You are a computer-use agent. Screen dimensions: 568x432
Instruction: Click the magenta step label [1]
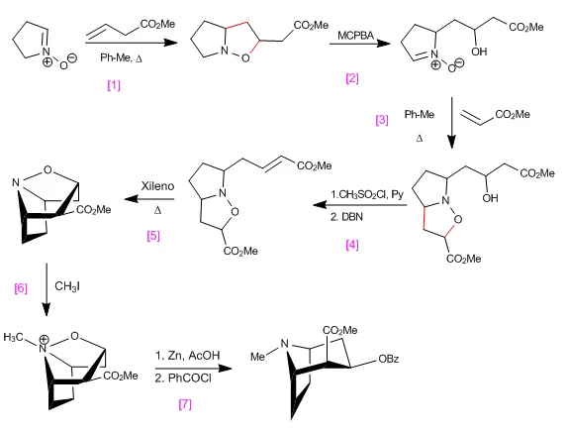(x=114, y=85)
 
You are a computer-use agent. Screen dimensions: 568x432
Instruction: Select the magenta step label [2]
(x=352, y=78)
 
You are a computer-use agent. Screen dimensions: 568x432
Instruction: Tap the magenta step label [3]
(x=382, y=120)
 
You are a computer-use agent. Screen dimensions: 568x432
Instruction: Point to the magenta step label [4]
(x=352, y=245)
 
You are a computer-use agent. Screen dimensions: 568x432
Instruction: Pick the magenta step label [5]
(x=153, y=236)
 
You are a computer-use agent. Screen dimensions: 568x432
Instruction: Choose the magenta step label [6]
(x=21, y=288)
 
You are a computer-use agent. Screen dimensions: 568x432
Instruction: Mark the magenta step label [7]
(x=185, y=404)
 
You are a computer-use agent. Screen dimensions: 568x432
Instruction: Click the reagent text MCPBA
(x=355, y=36)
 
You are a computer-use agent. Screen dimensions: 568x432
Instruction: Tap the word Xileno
(x=157, y=186)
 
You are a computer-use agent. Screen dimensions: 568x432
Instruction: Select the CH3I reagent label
(x=67, y=286)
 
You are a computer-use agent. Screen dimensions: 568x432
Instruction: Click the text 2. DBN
(x=346, y=217)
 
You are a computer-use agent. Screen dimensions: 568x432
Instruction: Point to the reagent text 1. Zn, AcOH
(x=188, y=356)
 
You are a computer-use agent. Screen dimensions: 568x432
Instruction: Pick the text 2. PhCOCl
(x=183, y=378)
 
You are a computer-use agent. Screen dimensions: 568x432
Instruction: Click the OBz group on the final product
(x=389, y=359)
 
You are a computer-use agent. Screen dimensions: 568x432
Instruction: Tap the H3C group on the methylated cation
(x=14, y=337)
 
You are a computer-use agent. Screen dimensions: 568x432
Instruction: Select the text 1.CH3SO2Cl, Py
(x=367, y=195)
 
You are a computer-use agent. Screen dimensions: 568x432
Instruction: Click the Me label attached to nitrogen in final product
(x=257, y=357)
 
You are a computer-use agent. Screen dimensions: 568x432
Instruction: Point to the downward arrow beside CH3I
(x=47, y=289)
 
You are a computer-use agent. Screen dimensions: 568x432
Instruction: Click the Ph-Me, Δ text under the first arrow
(x=121, y=57)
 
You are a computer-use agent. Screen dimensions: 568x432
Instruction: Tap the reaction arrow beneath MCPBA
(x=360, y=44)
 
